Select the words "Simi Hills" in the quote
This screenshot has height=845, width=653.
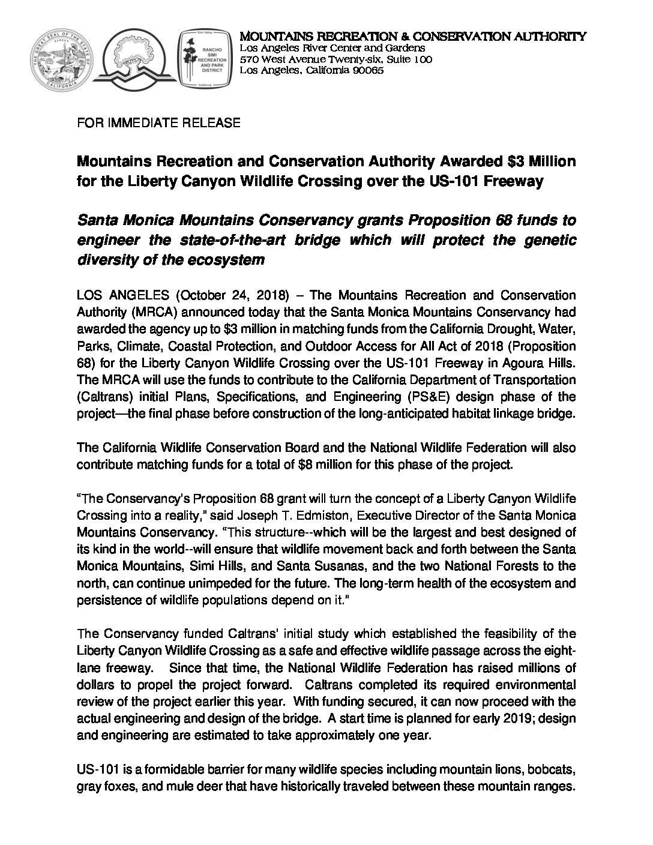[213, 566]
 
